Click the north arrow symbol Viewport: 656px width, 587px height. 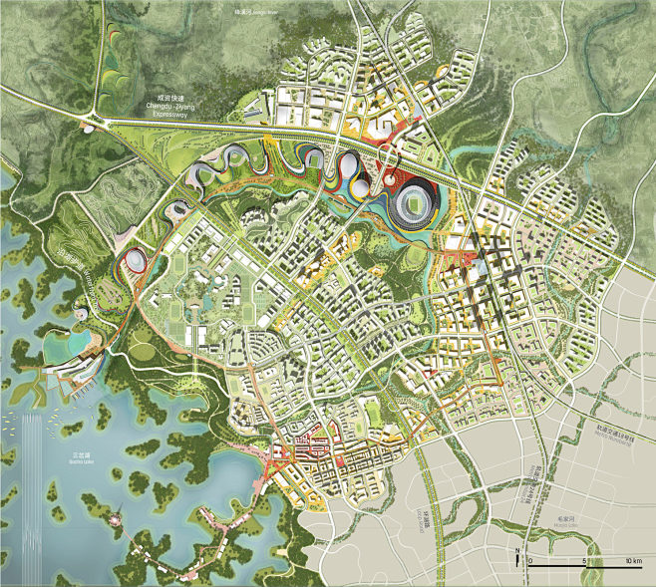pos(517,557)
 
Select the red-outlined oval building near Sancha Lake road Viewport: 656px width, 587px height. pos(133,261)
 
